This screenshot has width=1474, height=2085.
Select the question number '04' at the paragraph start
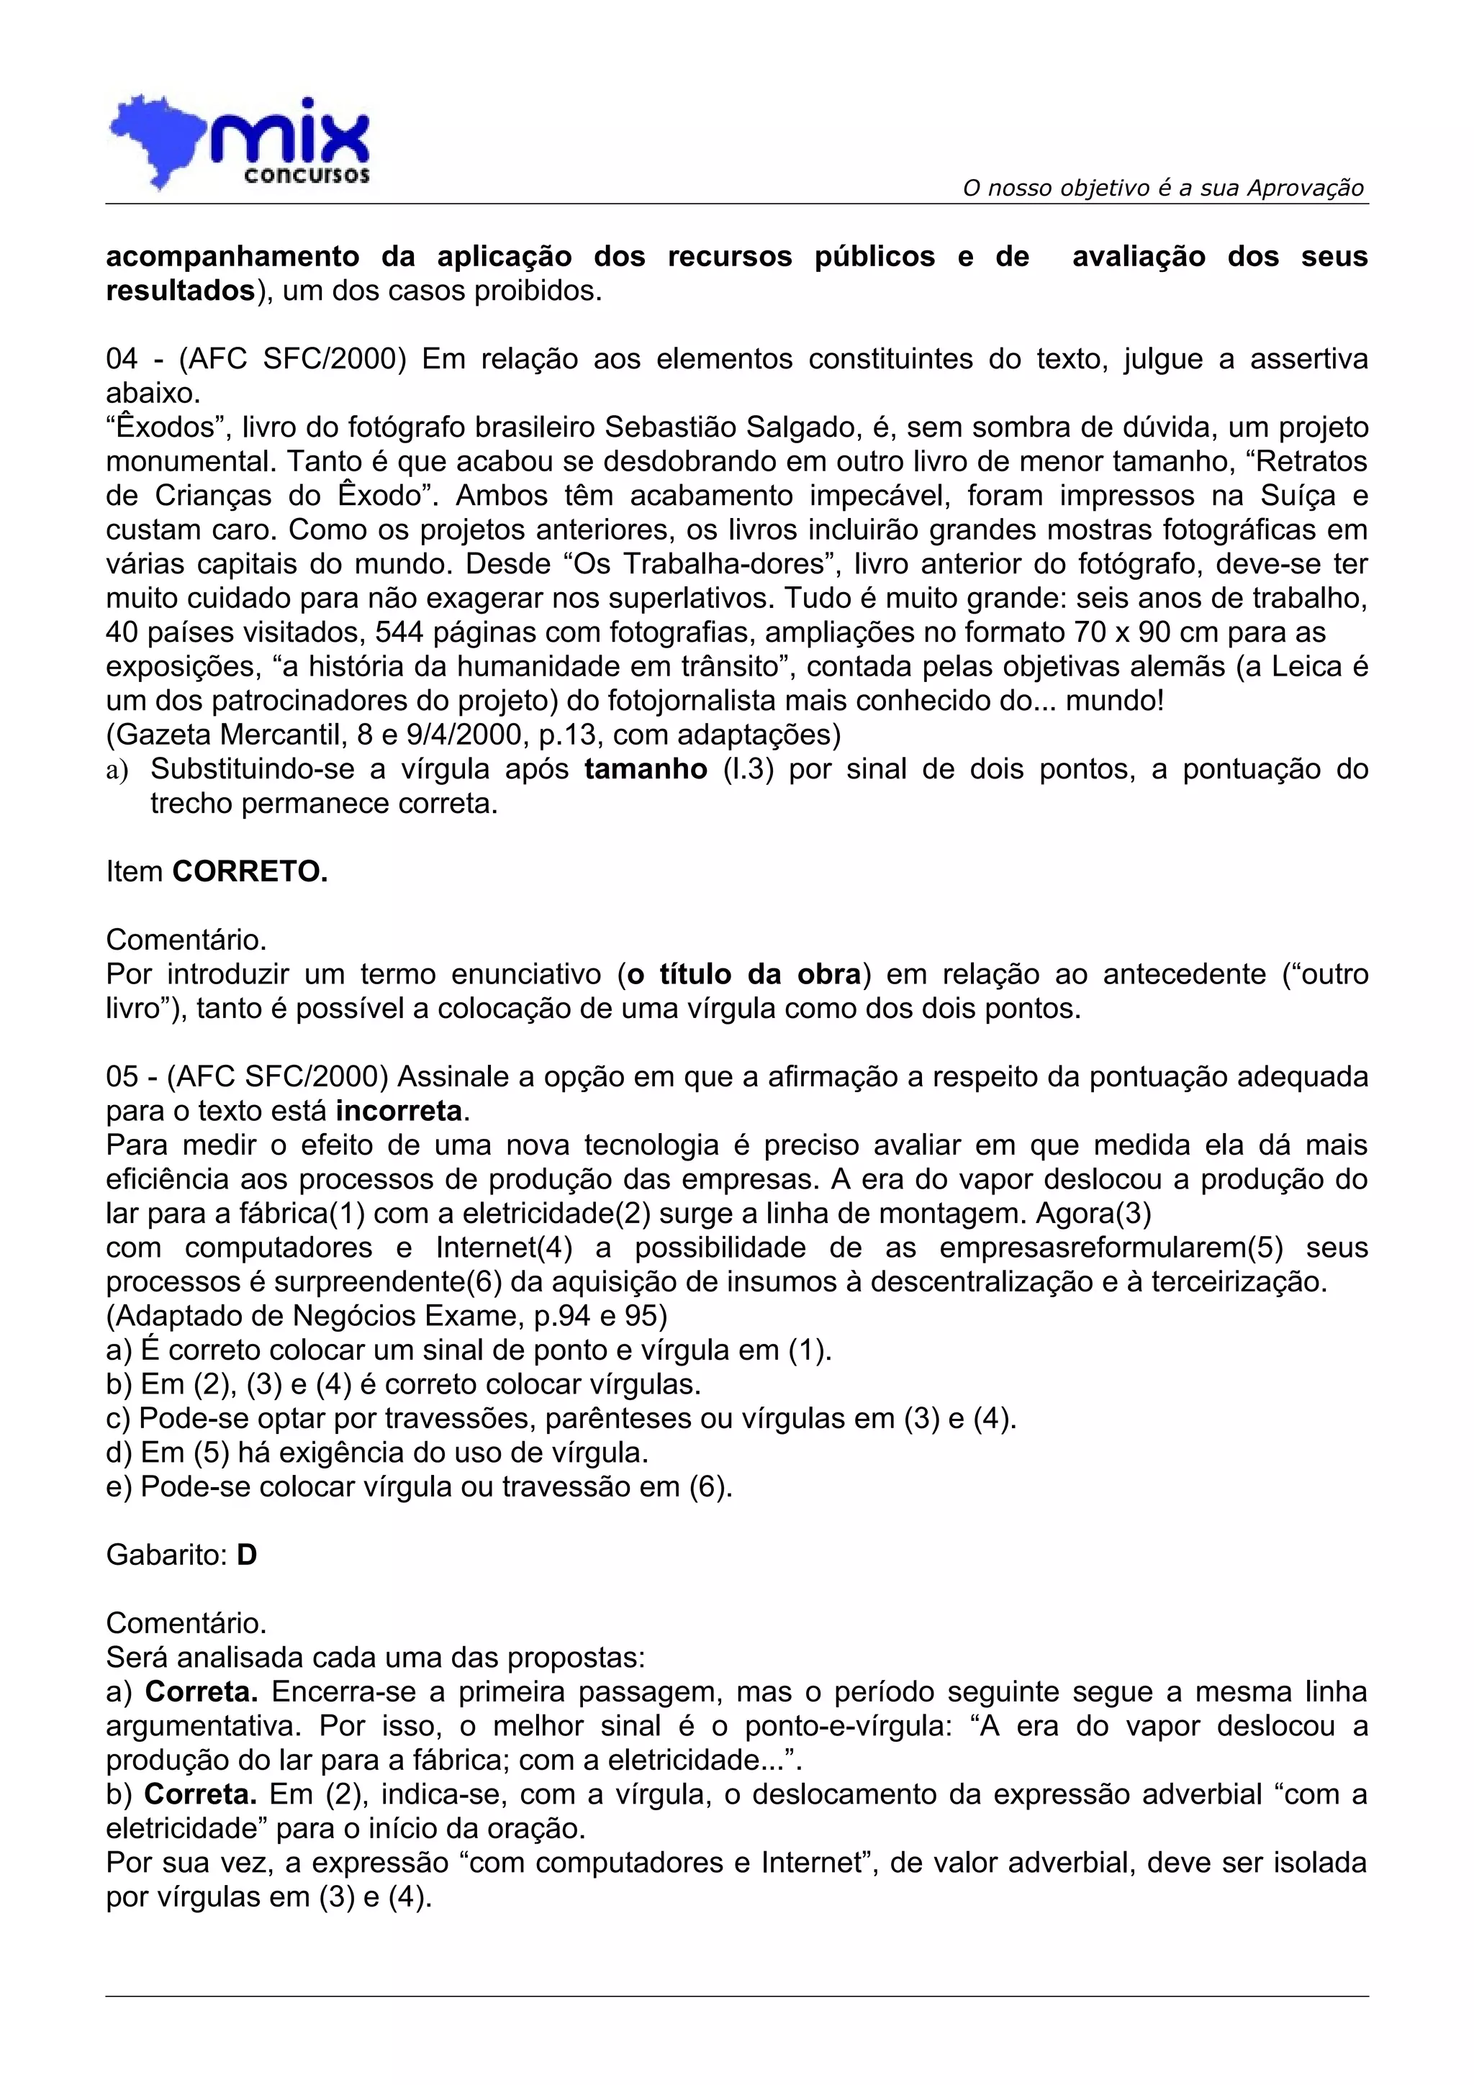pyautogui.click(x=122, y=359)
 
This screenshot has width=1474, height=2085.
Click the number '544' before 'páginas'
pyautogui.click(x=402, y=632)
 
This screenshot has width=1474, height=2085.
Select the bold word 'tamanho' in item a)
pyautogui.click(x=645, y=769)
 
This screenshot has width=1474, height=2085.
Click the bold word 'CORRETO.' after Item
pyautogui.click(x=250, y=872)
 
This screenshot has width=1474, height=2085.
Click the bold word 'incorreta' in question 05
pyautogui.click(x=399, y=1111)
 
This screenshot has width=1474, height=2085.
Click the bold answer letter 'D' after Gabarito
pyautogui.click(x=246, y=1555)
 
